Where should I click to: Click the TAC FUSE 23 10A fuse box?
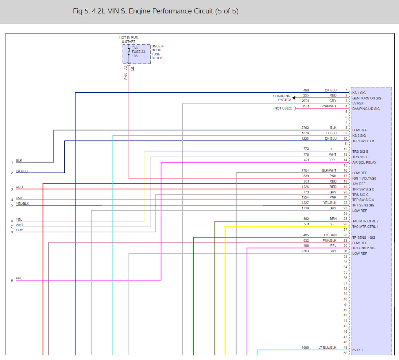point(136,54)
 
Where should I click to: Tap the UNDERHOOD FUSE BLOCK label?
point(157,52)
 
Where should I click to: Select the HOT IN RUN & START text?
point(129,39)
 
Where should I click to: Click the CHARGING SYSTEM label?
point(282,98)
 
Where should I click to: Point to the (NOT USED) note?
point(283,108)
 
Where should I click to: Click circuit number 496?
point(306,90)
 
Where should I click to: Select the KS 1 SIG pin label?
point(359,93)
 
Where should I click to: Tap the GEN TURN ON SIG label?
point(367,98)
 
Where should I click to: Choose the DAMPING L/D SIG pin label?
point(366,109)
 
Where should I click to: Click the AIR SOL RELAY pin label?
point(364,162)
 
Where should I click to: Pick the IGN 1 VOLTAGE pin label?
point(364,178)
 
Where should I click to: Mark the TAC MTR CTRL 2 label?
point(365,221)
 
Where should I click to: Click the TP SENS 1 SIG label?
point(364,237)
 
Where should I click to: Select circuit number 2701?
point(305,101)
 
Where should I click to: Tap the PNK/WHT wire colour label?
point(329,106)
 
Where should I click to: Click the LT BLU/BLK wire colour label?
point(328,347)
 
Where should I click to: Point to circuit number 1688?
point(305,347)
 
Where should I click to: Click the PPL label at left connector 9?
point(19,278)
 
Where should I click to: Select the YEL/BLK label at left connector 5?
point(23,203)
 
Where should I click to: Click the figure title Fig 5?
point(155,11)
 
